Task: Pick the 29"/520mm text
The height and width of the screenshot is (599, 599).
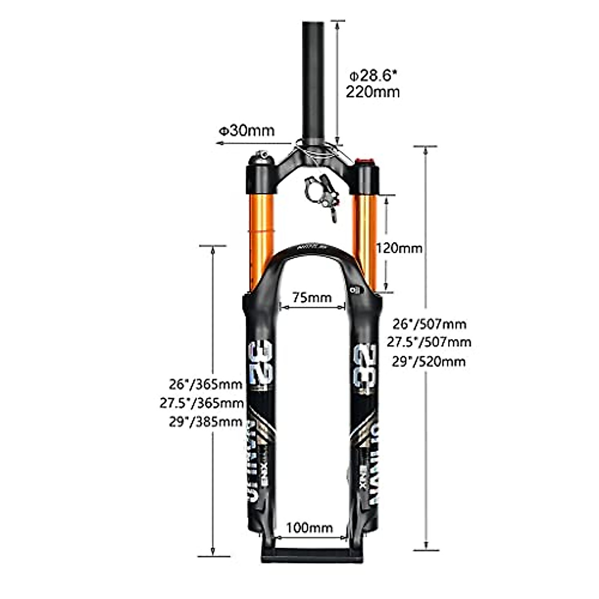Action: point(429,361)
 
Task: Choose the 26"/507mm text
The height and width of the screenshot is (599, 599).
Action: point(429,324)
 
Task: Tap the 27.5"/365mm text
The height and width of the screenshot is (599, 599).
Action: point(202,403)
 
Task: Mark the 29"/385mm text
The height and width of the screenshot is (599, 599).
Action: point(206,422)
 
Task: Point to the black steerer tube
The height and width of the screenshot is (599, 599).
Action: point(312,75)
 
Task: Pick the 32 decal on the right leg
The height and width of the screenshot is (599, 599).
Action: point(364,368)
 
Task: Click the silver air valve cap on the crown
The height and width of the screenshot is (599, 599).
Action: point(261,158)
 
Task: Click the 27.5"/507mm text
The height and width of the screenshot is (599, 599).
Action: point(429,342)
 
